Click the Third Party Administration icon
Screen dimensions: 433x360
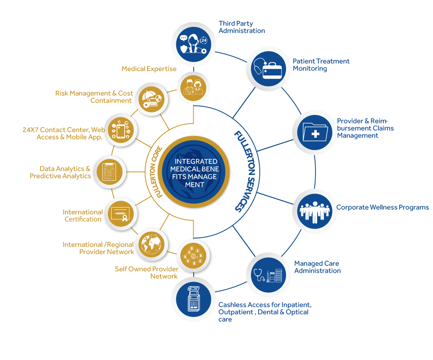pyautogui.click(x=194, y=44)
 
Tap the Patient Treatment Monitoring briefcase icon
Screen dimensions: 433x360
pyautogui.click(x=268, y=69)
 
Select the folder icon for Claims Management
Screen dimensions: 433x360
pyautogui.click(x=315, y=132)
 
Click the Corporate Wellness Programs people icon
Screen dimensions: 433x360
pyautogui.click(x=315, y=211)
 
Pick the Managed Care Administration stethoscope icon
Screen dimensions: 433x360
pyautogui.click(x=268, y=275)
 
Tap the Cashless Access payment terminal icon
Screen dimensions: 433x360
pyautogui.click(x=194, y=299)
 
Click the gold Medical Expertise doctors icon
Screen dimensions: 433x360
pyautogui.click(x=193, y=88)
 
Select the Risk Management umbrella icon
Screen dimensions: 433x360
pyautogui.click(x=151, y=99)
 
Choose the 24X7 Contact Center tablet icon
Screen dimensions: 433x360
pyautogui.click(x=121, y=130)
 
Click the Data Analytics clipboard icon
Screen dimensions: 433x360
pyautogui.click(x=109, y=172)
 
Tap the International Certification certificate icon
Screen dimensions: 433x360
pyautogui.click(x=121, y=214)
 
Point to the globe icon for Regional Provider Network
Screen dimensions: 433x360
pyautogui.click(x=151, y=244)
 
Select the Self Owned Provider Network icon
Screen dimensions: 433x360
pyautogui.click(x=193, y=256)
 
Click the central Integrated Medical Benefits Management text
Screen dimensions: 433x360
pyautogui.click(x=195, y=173)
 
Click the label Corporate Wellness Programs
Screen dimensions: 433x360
pyautogui.click(x=382, y=207)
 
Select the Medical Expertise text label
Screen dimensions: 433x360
pyautogui.click(x=149, y=69)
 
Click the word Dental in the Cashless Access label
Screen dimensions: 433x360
pyautogui.click(x=267, y=312)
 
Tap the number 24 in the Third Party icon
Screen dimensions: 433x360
pyautogui.click(x=204, y=41)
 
